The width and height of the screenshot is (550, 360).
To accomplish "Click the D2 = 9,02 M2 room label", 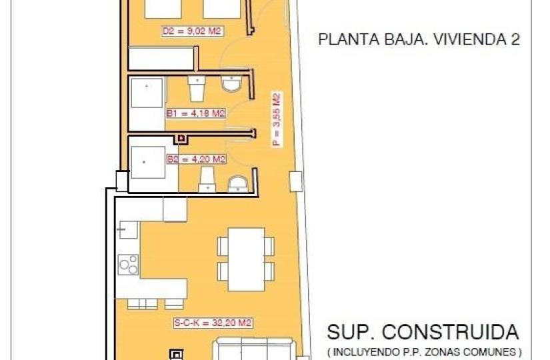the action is point(192,31).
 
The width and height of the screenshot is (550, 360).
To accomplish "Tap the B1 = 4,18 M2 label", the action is point(196,113).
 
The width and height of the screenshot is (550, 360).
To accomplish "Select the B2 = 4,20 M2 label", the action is point(196,159).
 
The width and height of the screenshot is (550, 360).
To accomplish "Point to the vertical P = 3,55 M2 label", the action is point(277,119).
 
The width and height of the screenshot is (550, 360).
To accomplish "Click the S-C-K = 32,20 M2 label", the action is point(213,323).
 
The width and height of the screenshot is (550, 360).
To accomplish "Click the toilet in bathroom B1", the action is point(197,89).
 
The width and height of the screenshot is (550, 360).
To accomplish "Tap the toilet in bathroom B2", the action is point(207,179).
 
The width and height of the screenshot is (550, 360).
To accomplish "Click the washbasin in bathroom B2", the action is point(238,185).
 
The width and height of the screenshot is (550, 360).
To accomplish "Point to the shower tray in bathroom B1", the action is point(147,93).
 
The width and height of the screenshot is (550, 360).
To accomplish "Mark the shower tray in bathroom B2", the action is point(148,162).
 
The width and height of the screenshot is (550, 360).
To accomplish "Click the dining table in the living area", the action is point(246,259).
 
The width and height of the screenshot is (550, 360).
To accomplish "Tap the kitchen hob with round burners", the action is point(128,265).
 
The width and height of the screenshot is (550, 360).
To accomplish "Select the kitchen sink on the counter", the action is point(129,230).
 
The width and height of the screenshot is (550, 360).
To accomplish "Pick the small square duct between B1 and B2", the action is point(181,139).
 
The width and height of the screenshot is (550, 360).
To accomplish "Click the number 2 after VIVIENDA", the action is point(515,39).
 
